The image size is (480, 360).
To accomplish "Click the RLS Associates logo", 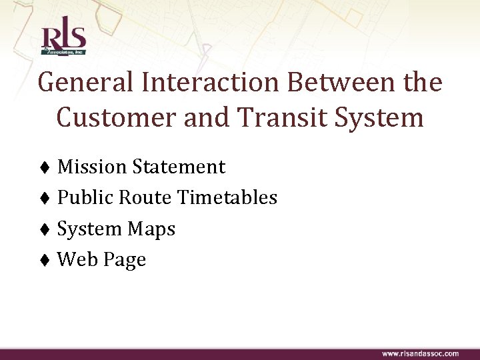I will point(63,39).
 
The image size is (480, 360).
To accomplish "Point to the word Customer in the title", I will point(118,118).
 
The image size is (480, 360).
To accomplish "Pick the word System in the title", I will point(379,118).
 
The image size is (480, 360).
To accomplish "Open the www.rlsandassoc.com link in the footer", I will point(420,353).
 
